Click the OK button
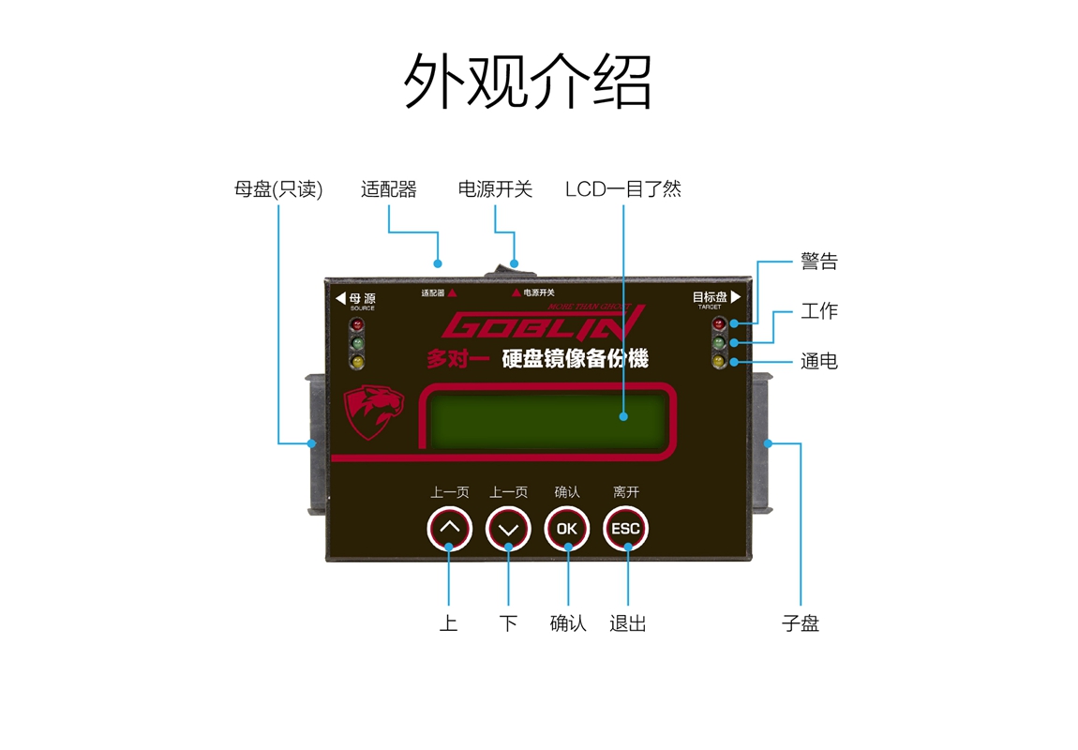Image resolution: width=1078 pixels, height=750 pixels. tap(567, 529)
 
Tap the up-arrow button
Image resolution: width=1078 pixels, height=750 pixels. tap(450, 529)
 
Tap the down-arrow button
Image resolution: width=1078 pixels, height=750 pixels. tap(508, 529)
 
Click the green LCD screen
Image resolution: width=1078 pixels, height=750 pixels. tap(548, 417)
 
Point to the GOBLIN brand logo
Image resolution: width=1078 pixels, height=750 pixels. tap(544, 324)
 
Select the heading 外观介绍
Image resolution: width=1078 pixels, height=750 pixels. tap(528, 82)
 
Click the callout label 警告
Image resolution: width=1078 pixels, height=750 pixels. tap(818, 262)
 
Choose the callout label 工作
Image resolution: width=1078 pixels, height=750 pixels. tap(818, 311)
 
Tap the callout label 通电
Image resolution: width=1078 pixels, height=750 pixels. tap(818, 361)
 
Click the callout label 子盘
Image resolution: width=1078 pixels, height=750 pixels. tap(801, 623)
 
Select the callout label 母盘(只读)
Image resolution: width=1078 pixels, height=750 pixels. tap(278, 189)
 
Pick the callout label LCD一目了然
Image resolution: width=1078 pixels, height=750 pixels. tap(622, 189)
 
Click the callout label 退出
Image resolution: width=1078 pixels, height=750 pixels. tap(627, 623)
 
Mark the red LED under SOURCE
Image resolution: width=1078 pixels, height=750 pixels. tap(356, 325)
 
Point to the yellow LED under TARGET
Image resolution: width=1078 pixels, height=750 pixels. tap(719, 362)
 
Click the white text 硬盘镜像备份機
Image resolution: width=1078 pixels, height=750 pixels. tap(575, 359)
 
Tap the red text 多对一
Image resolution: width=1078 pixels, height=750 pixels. tap(457, 359)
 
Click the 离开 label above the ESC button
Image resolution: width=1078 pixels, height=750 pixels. tap(625, 492)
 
